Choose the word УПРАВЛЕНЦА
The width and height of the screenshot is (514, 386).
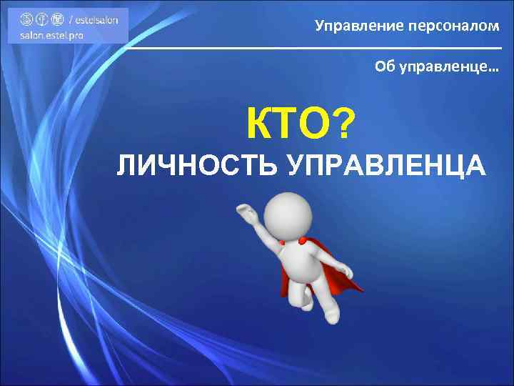(x=386, y=166)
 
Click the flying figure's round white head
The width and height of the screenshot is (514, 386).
(x=288, y=212)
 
